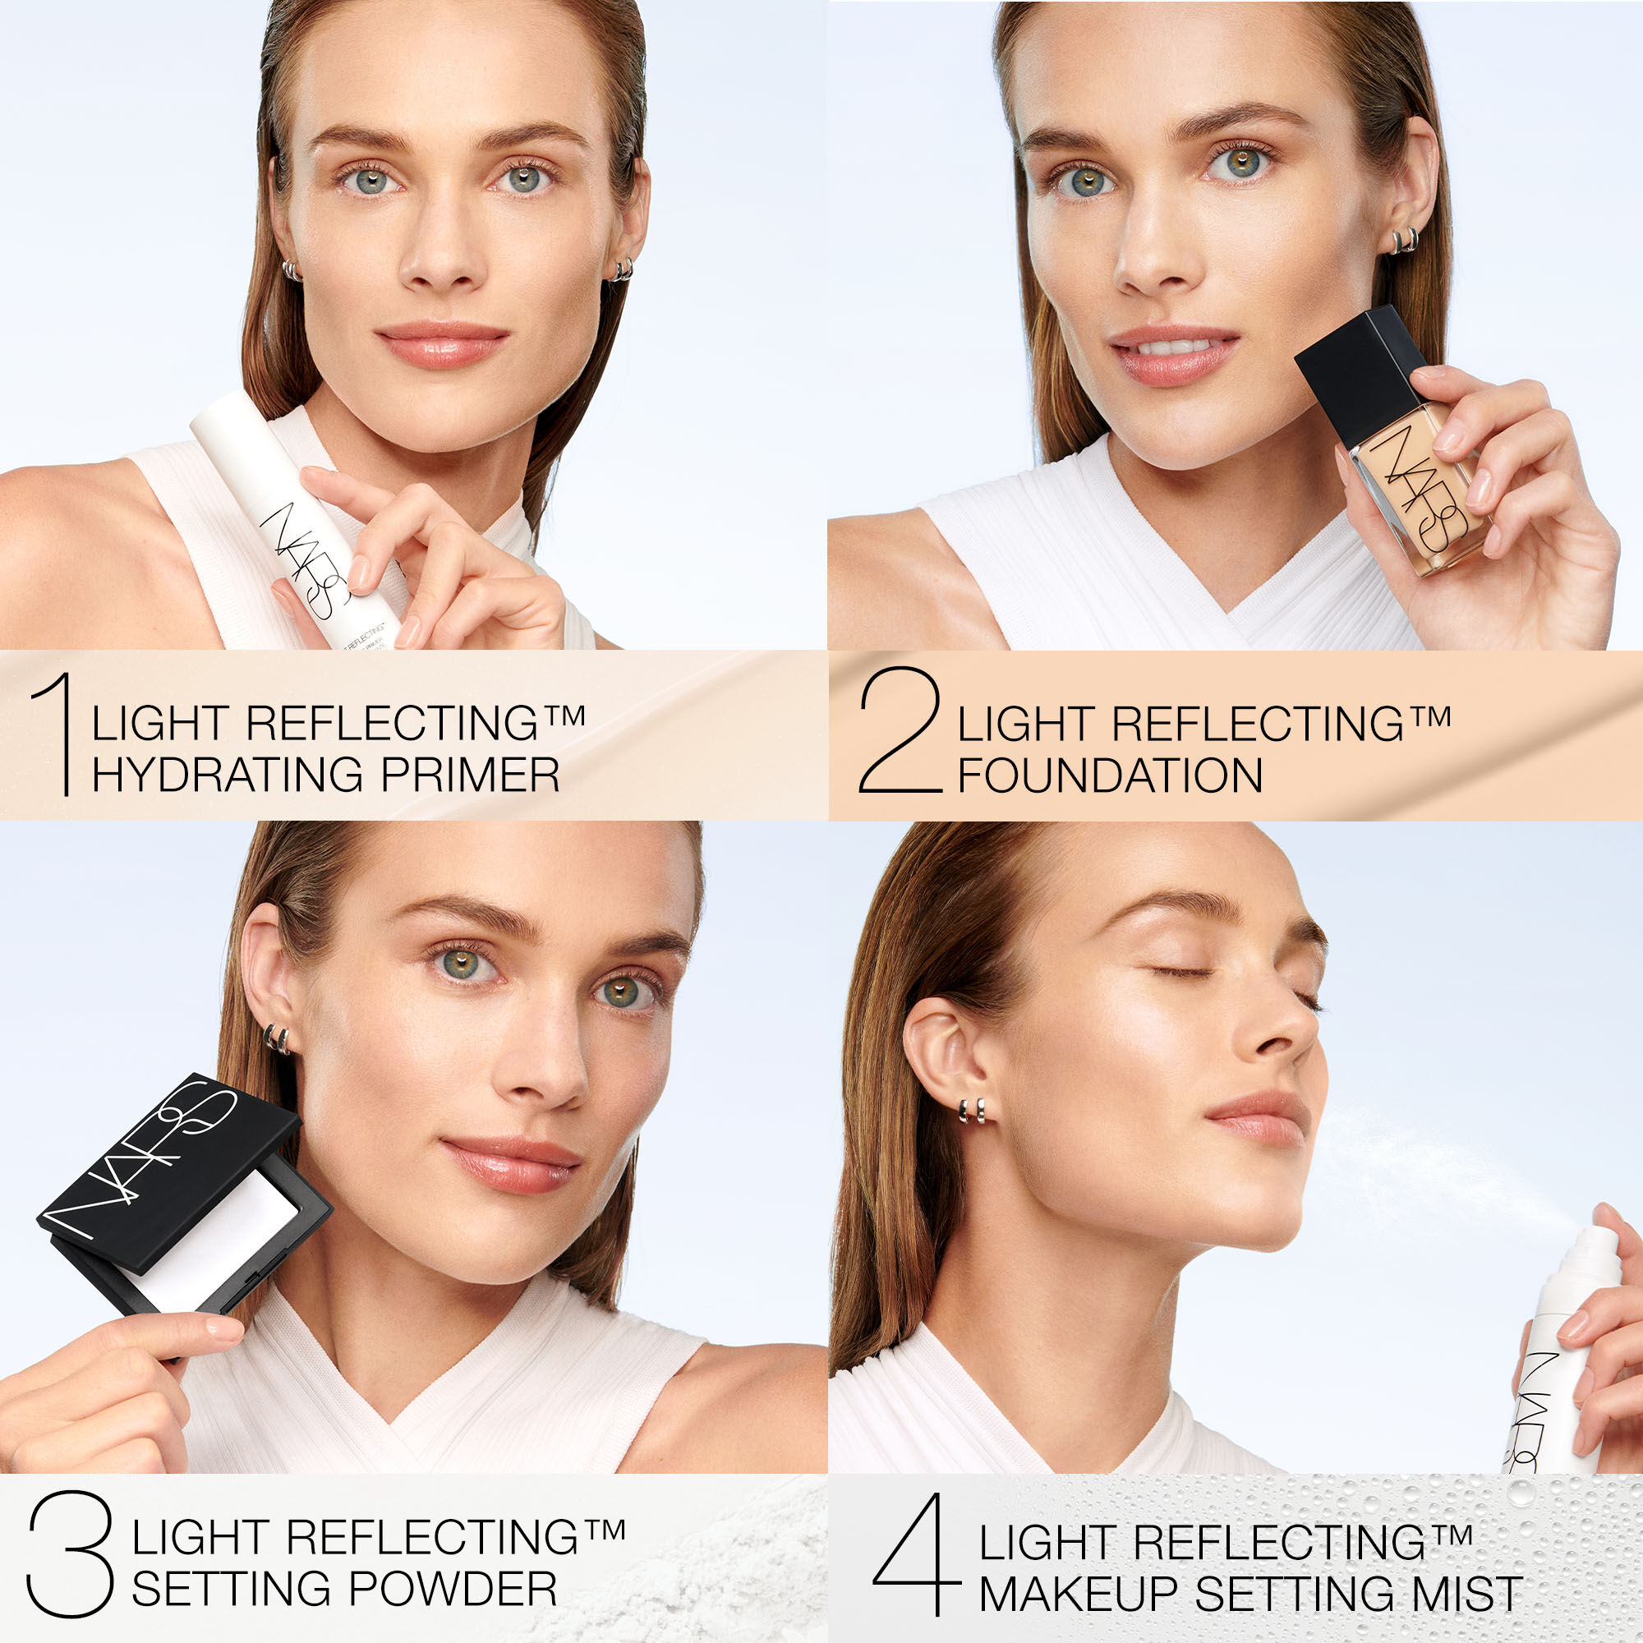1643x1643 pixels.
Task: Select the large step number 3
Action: [70, 1554]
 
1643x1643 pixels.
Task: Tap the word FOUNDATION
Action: [1110, 775]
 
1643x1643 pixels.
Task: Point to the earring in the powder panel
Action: [276, 1038]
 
